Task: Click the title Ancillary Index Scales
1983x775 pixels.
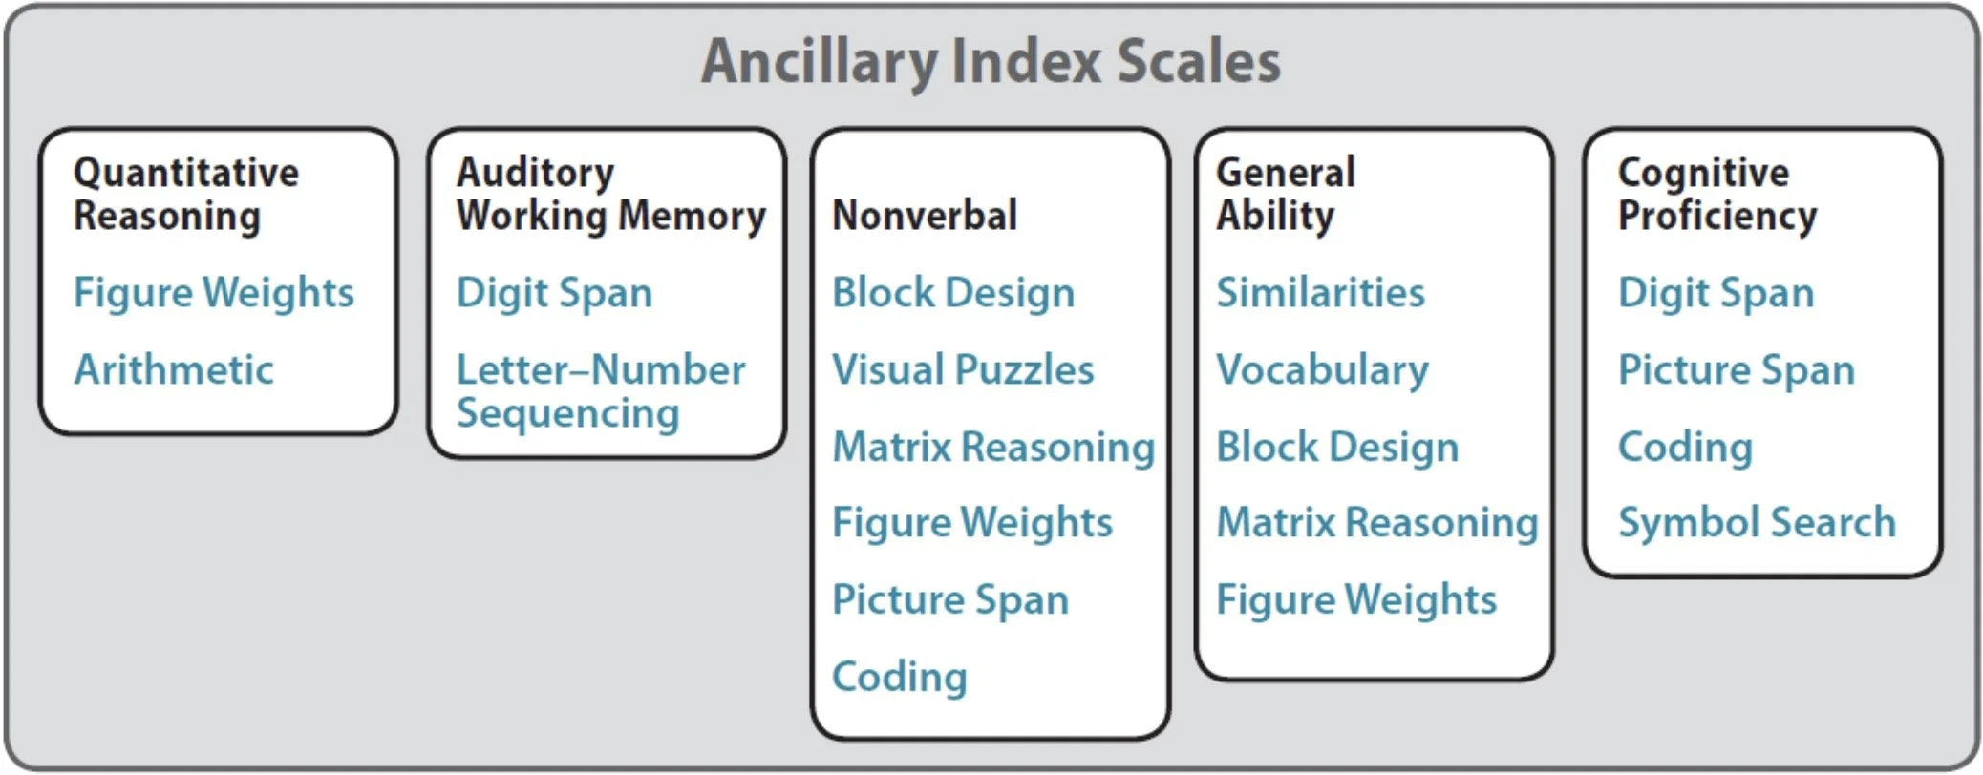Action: coord(991,61)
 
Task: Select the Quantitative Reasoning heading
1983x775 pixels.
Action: coord(186,194)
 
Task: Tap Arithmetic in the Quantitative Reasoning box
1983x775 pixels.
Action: coord(174,369)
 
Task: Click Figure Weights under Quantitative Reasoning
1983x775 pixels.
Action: coord(214,293)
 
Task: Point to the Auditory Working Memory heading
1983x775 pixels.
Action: coord(610,194)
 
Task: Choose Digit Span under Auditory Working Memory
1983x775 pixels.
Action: coord(554,293)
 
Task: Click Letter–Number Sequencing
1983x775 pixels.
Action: coord(600,391)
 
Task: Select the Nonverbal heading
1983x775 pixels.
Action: coord(925,216)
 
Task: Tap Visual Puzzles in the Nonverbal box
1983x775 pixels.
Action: coord(963,370)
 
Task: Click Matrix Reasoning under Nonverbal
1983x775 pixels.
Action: coord(993,447)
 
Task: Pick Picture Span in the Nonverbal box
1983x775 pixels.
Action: coord(950,600)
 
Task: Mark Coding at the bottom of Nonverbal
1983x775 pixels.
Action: coord(900,677)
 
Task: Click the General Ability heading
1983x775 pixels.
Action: coord(1285,194)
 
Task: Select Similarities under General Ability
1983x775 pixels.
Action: coord(1320,293)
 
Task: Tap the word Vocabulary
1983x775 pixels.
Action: coord(1322,370)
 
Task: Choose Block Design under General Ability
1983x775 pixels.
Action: coord(1337,447)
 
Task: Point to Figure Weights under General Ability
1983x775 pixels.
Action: coord(1356,600)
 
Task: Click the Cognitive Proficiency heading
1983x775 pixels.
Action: coord(1716,194)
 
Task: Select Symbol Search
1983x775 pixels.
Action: coord(1757,523)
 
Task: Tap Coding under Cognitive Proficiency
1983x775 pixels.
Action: coord(1685,447)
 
